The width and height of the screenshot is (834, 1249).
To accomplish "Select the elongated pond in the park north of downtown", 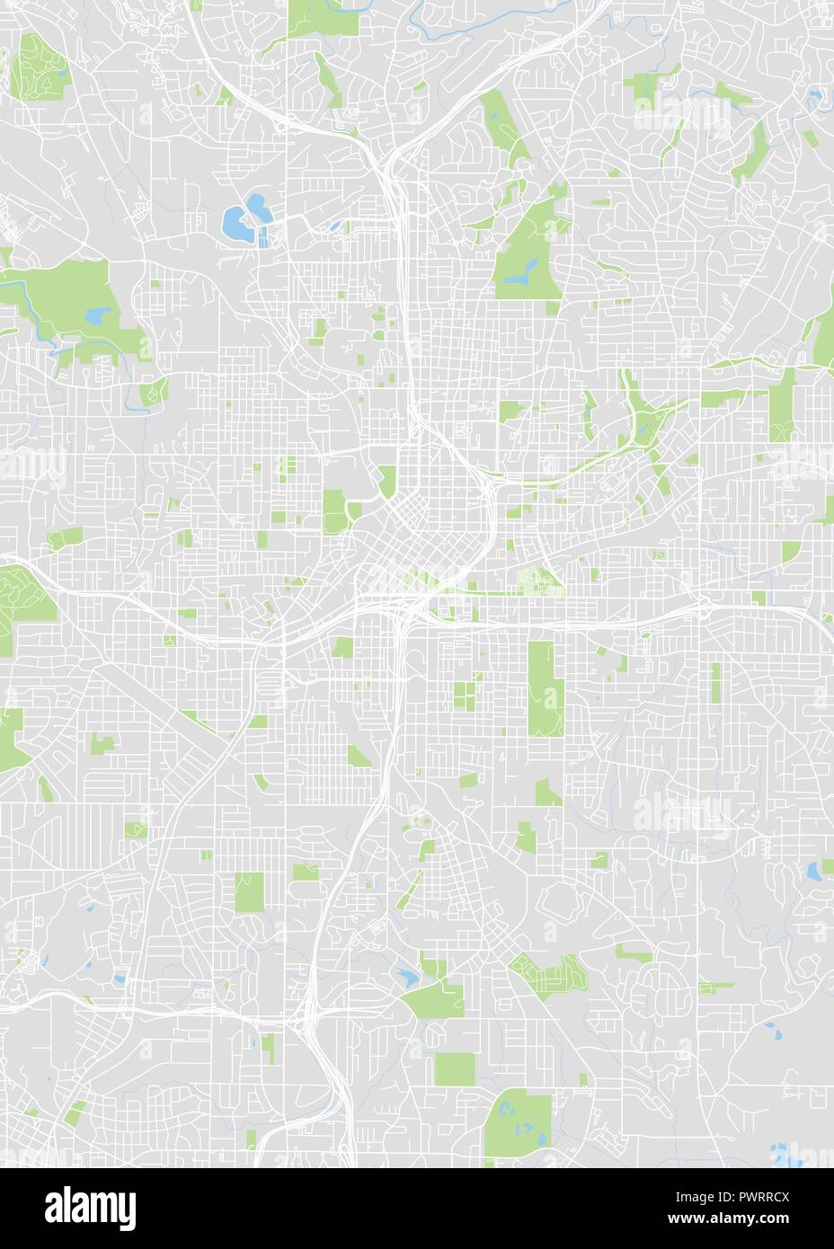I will pos(519,279).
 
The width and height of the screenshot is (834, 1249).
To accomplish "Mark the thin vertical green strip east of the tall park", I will pos(715,683).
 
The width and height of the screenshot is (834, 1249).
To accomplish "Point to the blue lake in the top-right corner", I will pos(815,94).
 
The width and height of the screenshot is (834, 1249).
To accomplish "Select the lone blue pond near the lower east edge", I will pos(815,869).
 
